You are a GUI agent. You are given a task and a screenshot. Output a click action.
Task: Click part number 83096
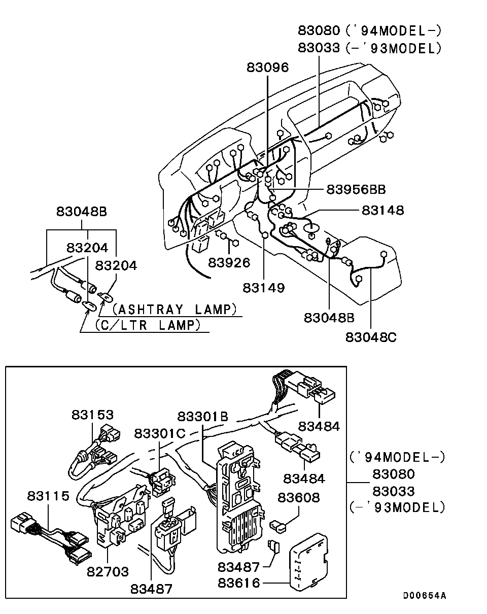tap(267, 67)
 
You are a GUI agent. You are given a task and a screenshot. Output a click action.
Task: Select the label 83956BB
tap(356, 189)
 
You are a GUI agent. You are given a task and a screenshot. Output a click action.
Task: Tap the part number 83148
tap(382, 210)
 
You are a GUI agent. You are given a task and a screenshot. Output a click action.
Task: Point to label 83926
tap(229, 262)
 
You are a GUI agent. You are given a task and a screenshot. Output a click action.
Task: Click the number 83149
tap(263, 288)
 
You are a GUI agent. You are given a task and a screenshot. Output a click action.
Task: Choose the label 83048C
tap(371, 336)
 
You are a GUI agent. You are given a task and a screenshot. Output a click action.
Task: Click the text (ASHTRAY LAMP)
tap(175, 309)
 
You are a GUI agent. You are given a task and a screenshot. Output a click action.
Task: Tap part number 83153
tap(92, 415)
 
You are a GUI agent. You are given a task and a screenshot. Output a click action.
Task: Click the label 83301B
tap(202, 416)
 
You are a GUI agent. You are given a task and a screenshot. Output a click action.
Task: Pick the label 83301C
tap(160, 433)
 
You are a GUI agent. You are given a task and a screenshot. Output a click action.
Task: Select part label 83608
tap(298, 497)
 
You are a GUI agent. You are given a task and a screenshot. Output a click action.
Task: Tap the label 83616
tap(239, 584)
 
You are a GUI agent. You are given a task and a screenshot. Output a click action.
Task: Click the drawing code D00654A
tap(425, 596)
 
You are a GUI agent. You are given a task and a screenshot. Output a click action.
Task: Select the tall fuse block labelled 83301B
tap(238, 497)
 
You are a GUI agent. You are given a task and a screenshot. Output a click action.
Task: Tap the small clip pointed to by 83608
tap(278, 526)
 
